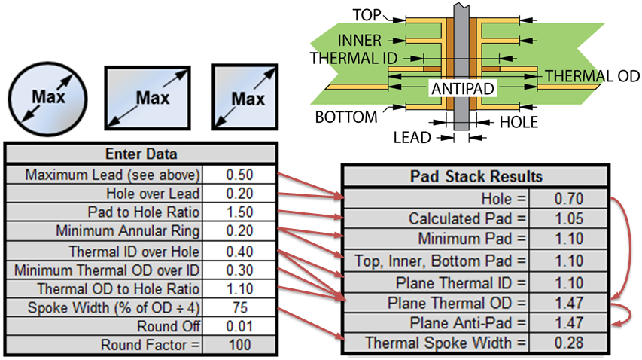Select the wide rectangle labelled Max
148,98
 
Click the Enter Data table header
141,155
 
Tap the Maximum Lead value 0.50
239,175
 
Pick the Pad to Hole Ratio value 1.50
239,212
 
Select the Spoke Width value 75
239,307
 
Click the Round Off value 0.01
239,326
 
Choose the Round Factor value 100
239,345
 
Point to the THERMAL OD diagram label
592,76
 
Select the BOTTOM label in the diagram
345,117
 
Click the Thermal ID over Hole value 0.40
239,251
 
